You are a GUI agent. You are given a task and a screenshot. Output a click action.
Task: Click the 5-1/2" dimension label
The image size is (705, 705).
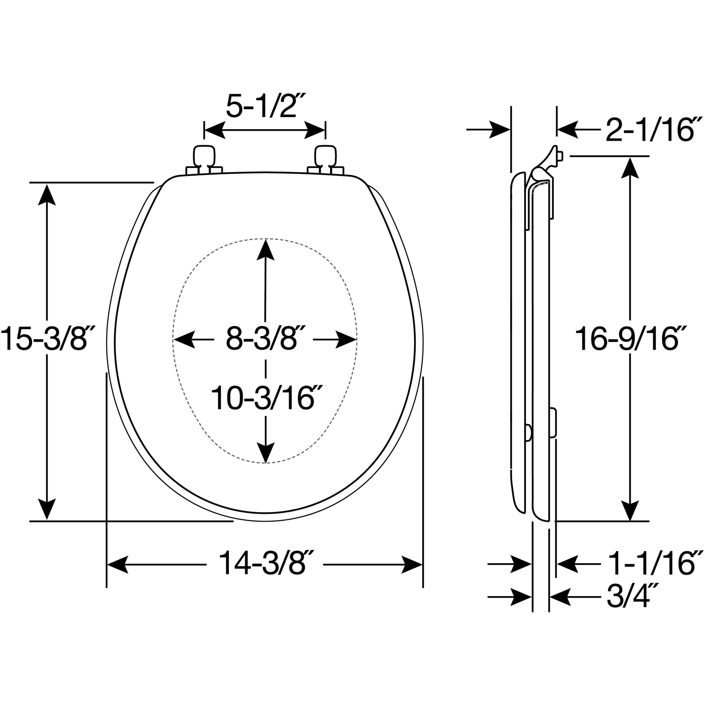pos(265,106)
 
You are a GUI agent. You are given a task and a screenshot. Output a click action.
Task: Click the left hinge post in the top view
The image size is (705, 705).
pos(204,161)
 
